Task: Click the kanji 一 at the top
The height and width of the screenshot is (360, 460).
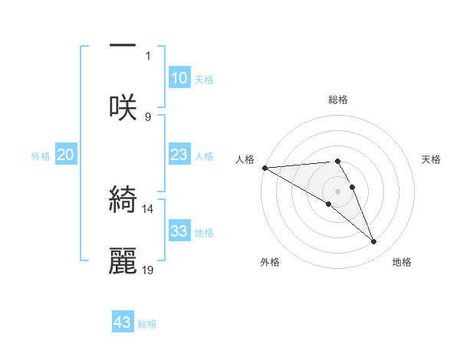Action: point(123,44)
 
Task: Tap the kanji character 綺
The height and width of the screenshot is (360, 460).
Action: point(123,199)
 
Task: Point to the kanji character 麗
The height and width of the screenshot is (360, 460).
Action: point(123,260)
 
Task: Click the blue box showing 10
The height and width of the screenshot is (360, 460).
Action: point(179,78)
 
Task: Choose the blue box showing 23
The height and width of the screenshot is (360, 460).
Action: point(179,155)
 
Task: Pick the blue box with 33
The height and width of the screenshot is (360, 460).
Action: point(179,231)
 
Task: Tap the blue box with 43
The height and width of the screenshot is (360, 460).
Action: point(123,322)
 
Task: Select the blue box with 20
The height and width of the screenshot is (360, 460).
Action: point(65,155)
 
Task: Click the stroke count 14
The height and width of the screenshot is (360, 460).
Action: point(148,208)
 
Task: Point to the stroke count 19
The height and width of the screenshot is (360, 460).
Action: point(148,270)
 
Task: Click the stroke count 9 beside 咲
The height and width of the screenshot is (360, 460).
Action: point(148,116)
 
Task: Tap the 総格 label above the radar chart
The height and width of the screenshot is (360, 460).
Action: point(338,100)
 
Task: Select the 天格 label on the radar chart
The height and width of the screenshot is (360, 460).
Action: point(432,159)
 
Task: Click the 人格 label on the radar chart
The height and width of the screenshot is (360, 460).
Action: point(245,159)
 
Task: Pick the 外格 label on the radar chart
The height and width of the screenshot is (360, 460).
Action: point(270,262)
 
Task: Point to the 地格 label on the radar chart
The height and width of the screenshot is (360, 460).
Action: point(402,262)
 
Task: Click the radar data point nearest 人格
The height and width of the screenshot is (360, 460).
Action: point(264,168)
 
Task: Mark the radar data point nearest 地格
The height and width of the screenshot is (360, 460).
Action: point(374,242)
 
